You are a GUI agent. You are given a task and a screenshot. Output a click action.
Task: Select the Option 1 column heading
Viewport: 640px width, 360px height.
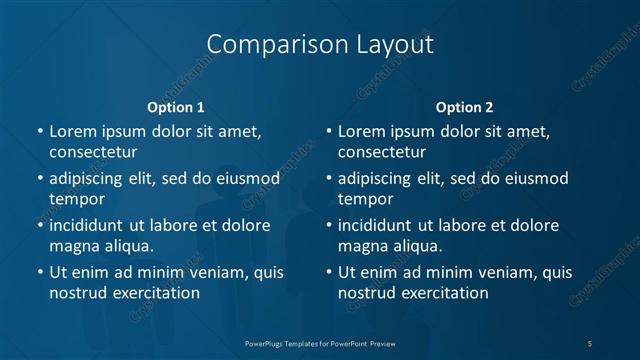pos(176,107)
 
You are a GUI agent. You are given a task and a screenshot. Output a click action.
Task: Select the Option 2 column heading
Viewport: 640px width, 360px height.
pos(464,107)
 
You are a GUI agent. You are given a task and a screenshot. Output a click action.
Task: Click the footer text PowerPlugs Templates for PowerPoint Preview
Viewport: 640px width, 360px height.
pos(320,343)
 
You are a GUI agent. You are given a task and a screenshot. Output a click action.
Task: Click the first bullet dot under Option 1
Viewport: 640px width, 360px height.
pos(39,132)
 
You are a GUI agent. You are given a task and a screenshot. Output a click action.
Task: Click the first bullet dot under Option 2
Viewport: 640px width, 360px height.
pos(328,132)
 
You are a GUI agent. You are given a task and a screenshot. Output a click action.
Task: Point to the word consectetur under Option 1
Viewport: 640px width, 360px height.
pos(93,153)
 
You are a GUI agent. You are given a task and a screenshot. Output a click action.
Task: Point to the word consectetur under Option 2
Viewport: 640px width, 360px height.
pos(382,153)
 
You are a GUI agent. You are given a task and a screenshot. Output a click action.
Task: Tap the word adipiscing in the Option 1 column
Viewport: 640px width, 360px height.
pos(90,179)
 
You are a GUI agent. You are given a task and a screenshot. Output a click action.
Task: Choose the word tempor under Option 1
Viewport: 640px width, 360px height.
pos(77,199)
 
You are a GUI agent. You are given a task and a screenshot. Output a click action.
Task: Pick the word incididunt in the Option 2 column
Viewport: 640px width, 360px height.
pos(384,225)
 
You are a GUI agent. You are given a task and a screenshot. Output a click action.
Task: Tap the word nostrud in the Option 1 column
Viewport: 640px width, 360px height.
pos(79,293)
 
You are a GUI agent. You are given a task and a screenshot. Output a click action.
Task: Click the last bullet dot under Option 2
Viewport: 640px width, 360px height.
pos(328,272)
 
